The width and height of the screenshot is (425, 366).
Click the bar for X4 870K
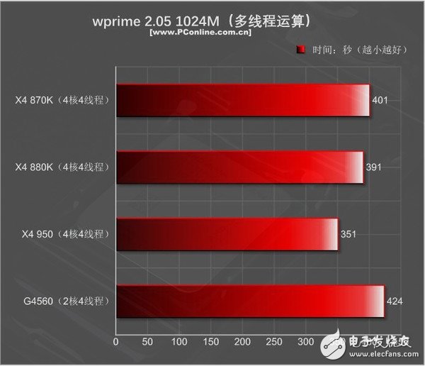pos(243,101)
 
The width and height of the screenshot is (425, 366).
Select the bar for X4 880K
pos(240,167)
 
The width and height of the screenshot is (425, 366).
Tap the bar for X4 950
pos(227,234)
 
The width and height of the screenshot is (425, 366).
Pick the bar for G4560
pos(250,301)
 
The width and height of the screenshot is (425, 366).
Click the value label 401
pos(380,101)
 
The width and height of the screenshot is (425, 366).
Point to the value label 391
pos(374,167)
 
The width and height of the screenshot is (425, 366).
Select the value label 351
pos(349,235)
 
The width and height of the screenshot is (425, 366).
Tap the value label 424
pos(395,302)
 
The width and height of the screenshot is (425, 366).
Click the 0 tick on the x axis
pos(116,342)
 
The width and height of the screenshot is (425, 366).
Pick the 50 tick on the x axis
pos(147,342)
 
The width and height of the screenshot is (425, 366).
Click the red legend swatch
pos(300,50)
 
